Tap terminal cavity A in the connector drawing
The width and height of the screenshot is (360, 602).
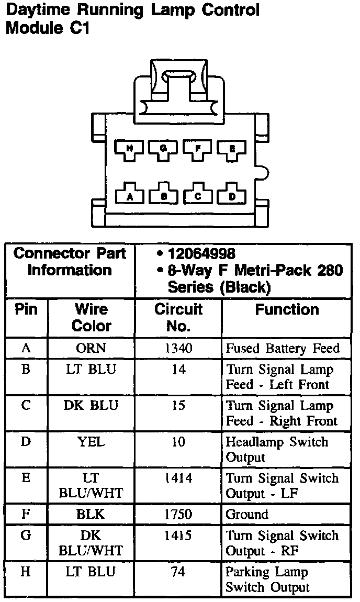point(129,195)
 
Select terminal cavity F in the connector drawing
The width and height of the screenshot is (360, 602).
point(197,149)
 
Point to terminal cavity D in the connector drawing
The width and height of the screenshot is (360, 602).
point(232,195)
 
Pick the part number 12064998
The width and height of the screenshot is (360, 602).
point(201,254)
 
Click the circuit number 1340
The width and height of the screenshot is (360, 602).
point(178,348)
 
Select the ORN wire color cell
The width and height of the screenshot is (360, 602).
point(91,348)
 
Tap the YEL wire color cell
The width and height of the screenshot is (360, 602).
point(91,442)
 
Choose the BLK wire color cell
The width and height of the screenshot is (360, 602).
point(91,515)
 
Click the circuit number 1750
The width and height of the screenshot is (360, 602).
point(178,515)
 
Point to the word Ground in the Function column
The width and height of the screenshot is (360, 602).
point(247,515)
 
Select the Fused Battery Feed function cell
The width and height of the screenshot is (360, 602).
point(283,348)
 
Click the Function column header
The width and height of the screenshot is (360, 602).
point(287,310)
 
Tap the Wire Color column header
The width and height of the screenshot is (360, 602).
point(91,318)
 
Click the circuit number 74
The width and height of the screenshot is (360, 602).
point(178,572)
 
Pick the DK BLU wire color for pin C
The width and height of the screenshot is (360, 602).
point(91,406)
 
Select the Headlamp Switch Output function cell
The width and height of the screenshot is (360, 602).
point(277,450)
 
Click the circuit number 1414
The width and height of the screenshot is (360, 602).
point(178,478)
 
